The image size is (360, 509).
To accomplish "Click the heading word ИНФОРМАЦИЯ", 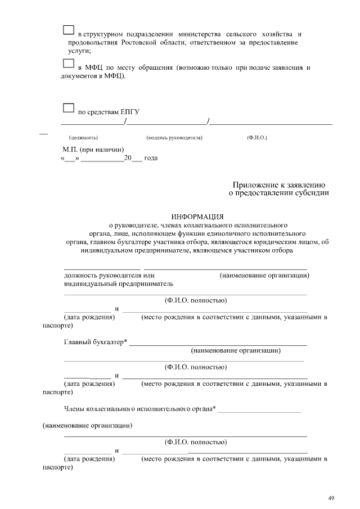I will coord(197,216).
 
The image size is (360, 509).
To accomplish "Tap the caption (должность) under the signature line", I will coord(83,137).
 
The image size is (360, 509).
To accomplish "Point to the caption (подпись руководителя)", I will coord(174,137).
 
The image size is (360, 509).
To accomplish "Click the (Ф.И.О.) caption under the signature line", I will coord(256,137).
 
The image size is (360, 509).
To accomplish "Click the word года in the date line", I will coord(151,158).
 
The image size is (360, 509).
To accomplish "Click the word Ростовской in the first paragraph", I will coord(138,43).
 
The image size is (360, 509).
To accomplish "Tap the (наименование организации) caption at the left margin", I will coord(88,426).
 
